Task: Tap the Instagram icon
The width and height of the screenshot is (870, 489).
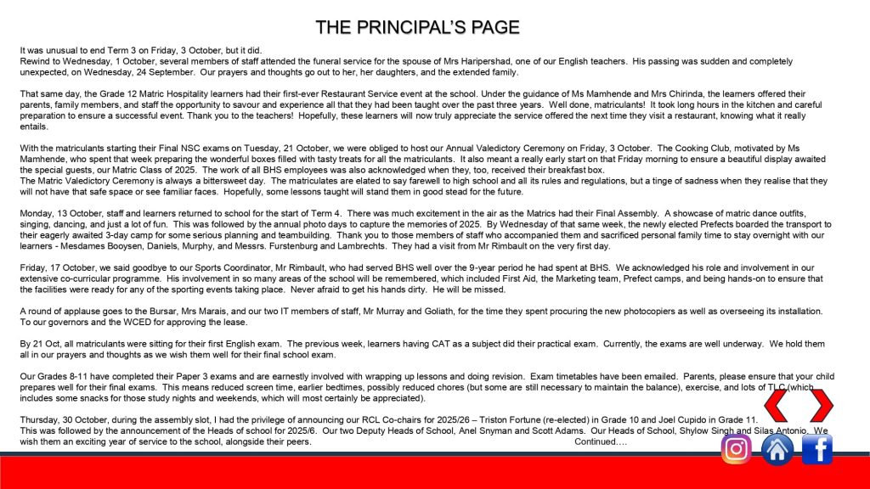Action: pos(736,448)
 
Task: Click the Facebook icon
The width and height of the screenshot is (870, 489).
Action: pos(817,448)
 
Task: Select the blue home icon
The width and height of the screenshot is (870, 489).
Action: pos(777,448)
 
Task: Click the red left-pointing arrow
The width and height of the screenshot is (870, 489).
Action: pos(778,406)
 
